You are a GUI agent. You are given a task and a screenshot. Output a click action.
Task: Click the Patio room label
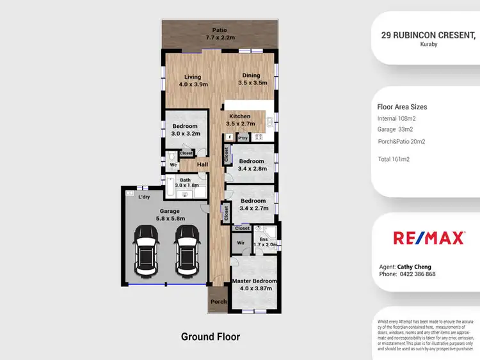point(220,34)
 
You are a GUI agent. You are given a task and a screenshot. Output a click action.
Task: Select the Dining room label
point(251,79)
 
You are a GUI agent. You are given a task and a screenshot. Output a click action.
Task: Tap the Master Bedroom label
point(255,285)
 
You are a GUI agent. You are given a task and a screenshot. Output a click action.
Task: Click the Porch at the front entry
point(219,302)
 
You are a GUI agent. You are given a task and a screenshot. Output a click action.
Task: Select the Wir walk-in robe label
point(241,243)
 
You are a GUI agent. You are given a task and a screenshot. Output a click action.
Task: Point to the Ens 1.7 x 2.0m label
point(264,242)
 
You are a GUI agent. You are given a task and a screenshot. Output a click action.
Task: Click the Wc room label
point(173,165)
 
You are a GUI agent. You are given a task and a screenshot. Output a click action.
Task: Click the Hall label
point(203,165)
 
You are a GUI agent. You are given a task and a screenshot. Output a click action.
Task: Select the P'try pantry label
point(243,137)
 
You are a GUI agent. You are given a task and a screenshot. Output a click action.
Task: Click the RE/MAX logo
point(428,239)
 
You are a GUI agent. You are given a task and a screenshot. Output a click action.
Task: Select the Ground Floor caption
point(210,336)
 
